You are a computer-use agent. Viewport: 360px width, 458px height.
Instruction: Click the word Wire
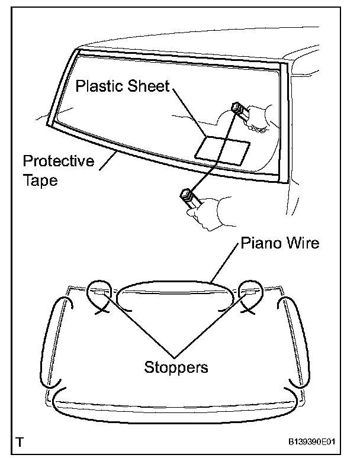pos(303,244)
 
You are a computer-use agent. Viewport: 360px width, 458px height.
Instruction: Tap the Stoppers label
pos(176,367)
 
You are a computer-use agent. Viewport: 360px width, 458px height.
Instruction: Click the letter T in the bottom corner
pos(21,441)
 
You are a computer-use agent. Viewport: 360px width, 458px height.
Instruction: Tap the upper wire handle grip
pos(240,111)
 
